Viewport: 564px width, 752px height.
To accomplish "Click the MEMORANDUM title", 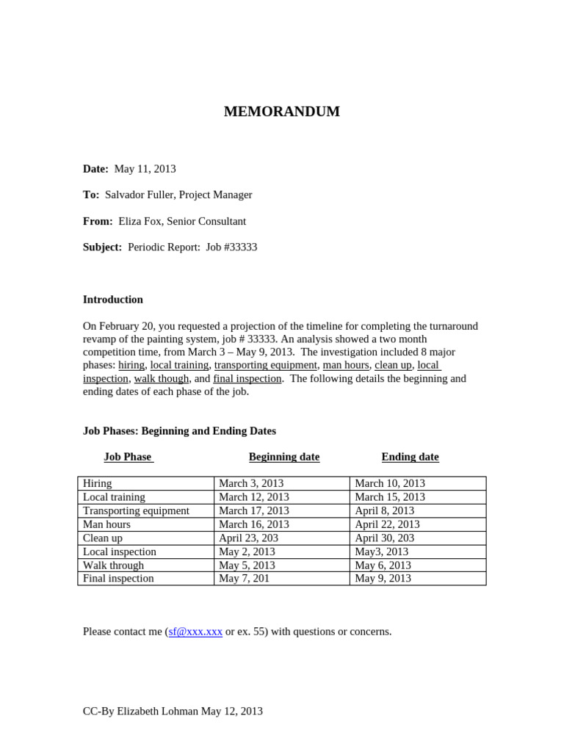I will pos(282,112).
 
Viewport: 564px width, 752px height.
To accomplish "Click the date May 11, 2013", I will pos(145,169).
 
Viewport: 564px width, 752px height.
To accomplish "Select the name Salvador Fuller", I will pos(139,195).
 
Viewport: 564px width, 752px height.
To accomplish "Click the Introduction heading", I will pos(113,300).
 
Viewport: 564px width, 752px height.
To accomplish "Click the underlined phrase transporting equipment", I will pos(266,365).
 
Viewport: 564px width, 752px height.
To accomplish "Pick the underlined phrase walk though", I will pos(162,378).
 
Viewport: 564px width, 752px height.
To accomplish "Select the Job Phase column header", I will pos(128,457).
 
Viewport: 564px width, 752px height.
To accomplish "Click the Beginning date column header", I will pos(284,457).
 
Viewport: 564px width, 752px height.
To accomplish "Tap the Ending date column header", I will pos(410,457).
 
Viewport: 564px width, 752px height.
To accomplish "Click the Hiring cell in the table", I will pos(98,483).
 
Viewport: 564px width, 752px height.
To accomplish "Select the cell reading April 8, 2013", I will pos(384,510).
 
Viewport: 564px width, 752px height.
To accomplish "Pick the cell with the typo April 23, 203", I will pos(248,538).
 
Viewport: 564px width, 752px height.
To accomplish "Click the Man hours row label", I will pos(106,524).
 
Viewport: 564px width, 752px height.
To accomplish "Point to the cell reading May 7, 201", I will pos(243,578).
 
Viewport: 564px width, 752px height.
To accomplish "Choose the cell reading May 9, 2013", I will pos(383,578).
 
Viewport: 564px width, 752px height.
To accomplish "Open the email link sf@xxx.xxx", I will pos(195,632).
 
